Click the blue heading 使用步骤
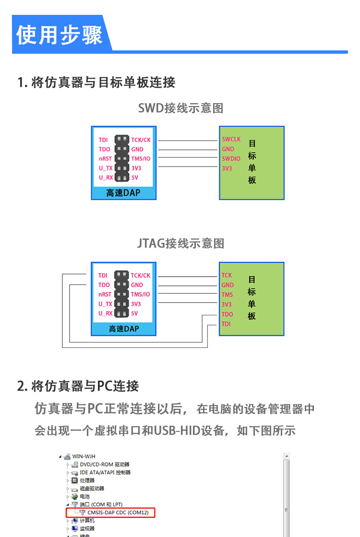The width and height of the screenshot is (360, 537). tap(60, 35)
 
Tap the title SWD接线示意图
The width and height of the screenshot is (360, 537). tap(180, 108)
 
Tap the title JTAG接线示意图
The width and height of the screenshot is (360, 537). tap(180, 243)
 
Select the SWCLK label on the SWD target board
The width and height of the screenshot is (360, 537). tap(231, 139)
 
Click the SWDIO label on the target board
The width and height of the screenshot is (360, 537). tap(231, 159)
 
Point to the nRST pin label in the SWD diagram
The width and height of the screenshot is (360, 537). tap(105, 159)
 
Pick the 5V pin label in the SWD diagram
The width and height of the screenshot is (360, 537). tap(134, 178)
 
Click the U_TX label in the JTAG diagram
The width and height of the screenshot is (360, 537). tap(105, 304)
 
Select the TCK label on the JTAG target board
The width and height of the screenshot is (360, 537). tap(227, 275)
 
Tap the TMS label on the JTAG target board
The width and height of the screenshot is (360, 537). tap(227, 295)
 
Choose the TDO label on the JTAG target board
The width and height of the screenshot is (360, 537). tap(227, 314)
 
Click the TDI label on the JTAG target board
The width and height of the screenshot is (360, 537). tap(226, 324)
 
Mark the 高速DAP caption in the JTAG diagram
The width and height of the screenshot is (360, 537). tap(123, 329)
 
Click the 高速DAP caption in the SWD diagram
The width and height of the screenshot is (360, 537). tap(123, 193)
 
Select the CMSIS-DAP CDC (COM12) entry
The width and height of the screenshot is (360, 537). tap(118, 513)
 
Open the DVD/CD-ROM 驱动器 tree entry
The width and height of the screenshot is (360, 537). tap(104, 465)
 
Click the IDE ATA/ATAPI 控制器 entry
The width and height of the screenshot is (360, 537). tap(105, 472)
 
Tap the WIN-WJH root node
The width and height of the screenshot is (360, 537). tap(84, 456)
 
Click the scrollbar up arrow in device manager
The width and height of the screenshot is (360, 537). tap(287, 456)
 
